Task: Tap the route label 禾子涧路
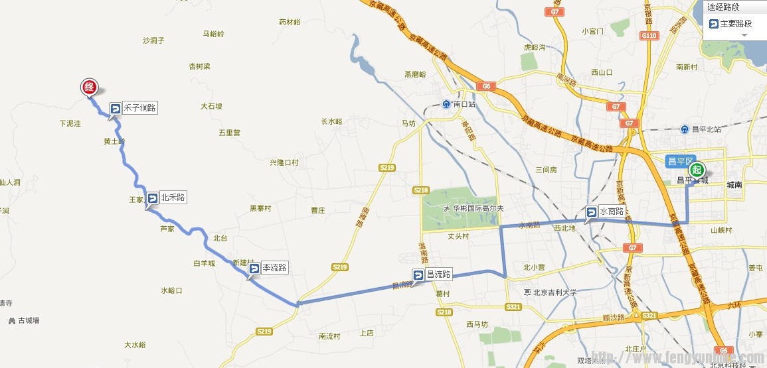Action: coord(139,107)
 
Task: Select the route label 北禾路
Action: coord(172,197)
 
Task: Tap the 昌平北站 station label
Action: coord(704,129)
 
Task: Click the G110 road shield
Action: coord(649,35)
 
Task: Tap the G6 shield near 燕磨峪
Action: coord(486,86)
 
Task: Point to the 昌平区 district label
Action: coord(680,161)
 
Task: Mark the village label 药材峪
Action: coord(290,22)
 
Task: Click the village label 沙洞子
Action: coord(153,40)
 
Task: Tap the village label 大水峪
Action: coord(135,345)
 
